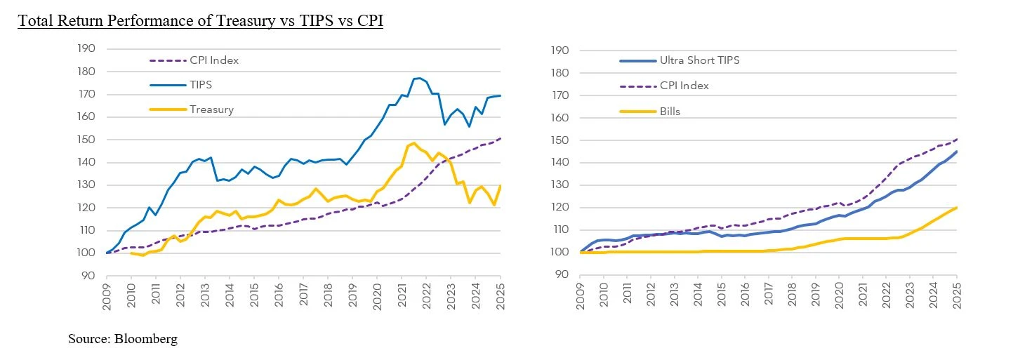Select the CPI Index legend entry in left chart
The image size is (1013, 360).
pos(214,60)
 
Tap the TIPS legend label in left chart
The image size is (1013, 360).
pos(201,84)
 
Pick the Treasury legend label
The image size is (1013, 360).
pos(211,109)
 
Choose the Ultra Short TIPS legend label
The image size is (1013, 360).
pos(699,60)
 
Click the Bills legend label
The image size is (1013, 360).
pos(671,110)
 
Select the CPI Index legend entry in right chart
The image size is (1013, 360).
pos(684,86)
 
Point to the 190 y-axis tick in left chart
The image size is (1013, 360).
pos(86,49)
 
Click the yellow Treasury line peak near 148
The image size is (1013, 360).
pos(413,143)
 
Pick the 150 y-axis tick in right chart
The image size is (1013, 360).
pos(562,140)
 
